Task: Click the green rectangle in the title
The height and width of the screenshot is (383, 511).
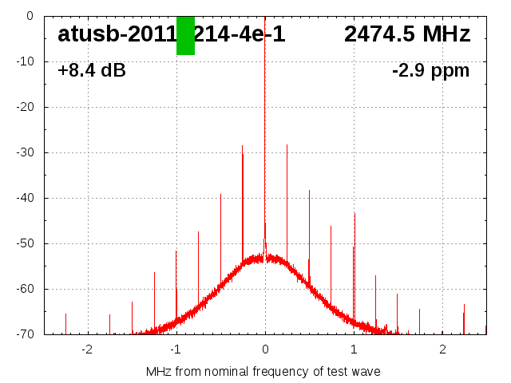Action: pyautogui.click(x=185, y=36)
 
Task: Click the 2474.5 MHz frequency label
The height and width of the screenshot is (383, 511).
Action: pyautogui.click(x=407, y=34)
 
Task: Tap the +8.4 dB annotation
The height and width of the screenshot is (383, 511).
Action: pyautogui.click(x=92, y=71)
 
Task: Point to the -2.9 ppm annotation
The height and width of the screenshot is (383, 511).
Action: pyautogui.click(x=430, y=71)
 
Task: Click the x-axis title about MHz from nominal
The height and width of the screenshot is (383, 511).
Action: pyautogui.click(x=263, y=372)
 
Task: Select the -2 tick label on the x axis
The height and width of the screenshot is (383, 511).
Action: pyautogui.click(x=87, y=349)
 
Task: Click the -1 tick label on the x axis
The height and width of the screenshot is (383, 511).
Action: pyautogui.click(x=176, y=349)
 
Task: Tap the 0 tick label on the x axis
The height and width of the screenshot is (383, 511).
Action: pyautogui.click(x=265, y=349)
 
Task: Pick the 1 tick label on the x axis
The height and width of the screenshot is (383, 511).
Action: pyautogui.click(x=354, y=349)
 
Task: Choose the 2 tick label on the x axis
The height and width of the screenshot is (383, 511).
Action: pyautogui.click(x=442, y=349)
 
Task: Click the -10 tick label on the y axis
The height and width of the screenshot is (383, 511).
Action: pyautogui.click(x=25, y=61)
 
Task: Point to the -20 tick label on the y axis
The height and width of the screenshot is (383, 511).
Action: pyautogui.click(x=25, y=107)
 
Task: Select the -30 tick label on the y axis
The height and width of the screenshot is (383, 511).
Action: pyautogui.click(x=25, y=152)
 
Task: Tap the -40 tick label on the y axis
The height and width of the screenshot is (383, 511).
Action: pyautogui.click(x=25, y=198)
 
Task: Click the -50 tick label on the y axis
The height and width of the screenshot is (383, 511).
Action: pyautogui.click(x=25, y=243)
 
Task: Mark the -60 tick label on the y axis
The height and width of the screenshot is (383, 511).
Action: pyautogui.click(x=25, y=289)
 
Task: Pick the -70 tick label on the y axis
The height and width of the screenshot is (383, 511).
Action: pyautogui.click(x=25, y=334)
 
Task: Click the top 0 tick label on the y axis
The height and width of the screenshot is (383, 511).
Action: pyautogui.click(x=29, y=16)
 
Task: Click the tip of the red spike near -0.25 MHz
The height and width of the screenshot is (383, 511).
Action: pyautogui.click(x=243, y=146)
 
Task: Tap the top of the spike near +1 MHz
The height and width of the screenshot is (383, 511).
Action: pyautogui.click(x=355, y=213)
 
